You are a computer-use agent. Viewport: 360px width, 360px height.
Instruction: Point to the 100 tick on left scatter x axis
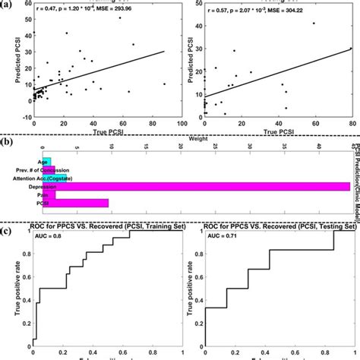pyautogui.click(x=178, y=122)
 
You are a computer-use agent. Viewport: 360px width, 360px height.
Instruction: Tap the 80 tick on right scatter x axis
pyautogui.click(x=351, y=122)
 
